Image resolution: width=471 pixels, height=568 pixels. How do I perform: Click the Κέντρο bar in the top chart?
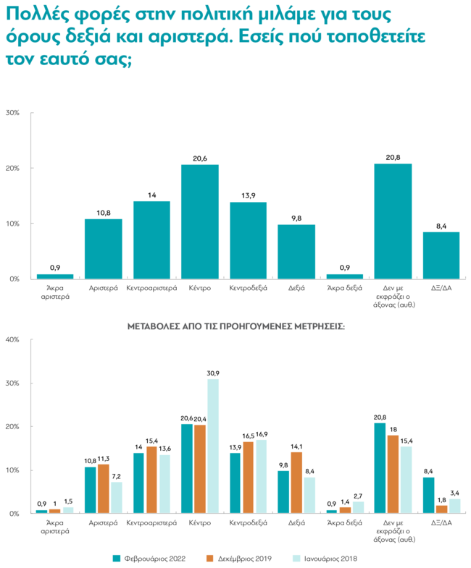pyautogui.click(x=199, y=221)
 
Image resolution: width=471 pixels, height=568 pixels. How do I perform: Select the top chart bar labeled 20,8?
pyautogui.click(x=393, y=221)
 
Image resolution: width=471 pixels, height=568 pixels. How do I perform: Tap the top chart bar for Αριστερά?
pyautogui.click(x=103, y=248)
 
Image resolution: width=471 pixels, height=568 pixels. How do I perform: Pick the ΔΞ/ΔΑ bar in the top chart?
pyautogui.click(x=441, y=255)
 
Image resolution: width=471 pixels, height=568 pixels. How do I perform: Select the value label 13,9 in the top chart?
pyautogui.click(x=247, y=195)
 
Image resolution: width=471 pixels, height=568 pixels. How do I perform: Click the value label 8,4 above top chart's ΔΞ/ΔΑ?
pyautogui.click(x=441, y=225)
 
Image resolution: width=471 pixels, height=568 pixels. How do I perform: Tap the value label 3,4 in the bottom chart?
pyautogui.click(x=456, y=493)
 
